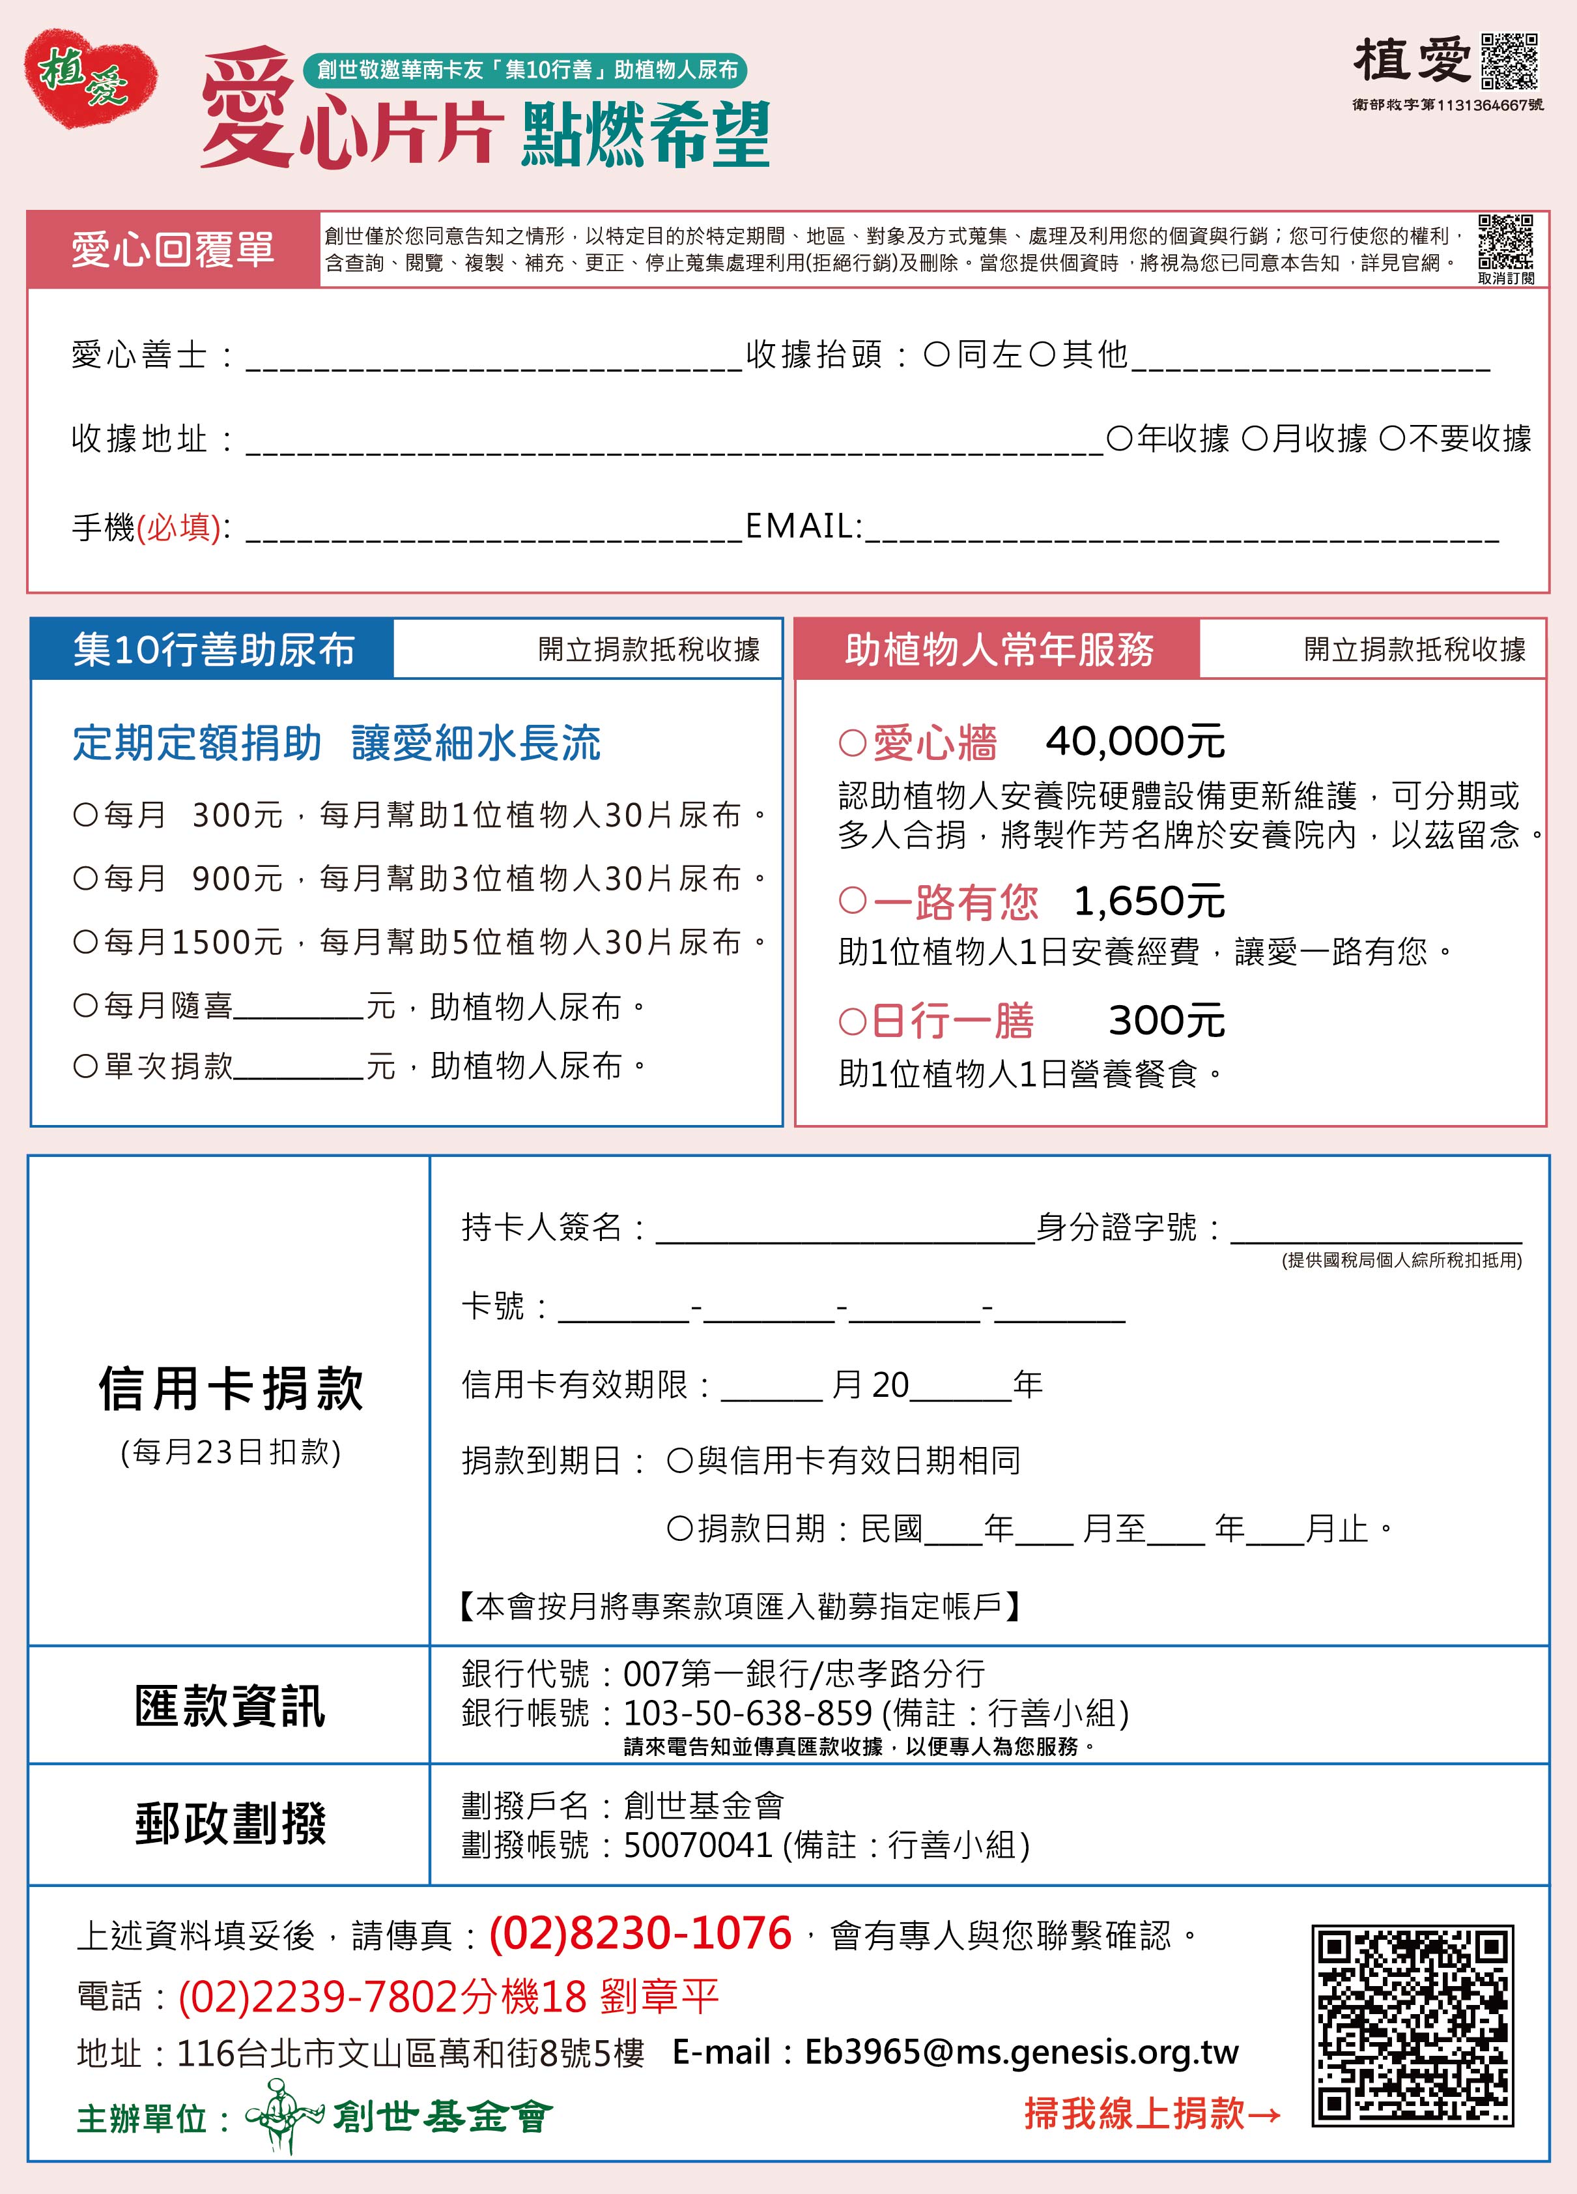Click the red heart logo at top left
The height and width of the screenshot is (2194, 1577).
point(90,78)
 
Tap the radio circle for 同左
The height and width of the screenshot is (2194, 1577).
point(936,355)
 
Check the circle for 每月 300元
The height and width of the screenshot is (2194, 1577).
point(86,815)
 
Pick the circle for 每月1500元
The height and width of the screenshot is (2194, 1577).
point(86,941)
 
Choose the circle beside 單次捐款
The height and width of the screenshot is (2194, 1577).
point(86,1066)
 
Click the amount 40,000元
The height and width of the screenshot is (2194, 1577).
point(1134,742)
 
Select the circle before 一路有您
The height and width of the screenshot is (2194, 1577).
point(852,901)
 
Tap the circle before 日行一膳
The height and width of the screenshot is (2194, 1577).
point(852,1021)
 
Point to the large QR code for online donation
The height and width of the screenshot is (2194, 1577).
point(1412,2025)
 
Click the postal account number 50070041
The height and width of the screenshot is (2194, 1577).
point(697,1845)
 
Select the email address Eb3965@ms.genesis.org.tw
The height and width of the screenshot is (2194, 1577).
point(1021,2052)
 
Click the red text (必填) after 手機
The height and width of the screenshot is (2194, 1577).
point(179,527)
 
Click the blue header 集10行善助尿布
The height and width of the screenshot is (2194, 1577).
point(214,649)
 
